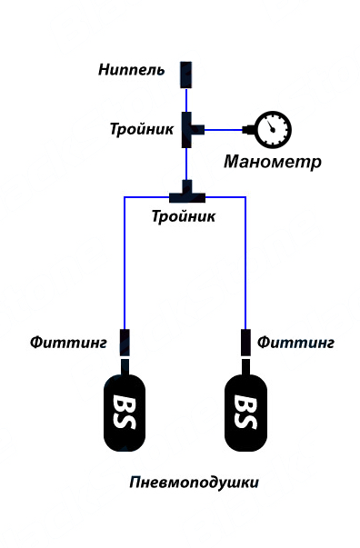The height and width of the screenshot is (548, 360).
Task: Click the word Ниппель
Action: click(132, 70)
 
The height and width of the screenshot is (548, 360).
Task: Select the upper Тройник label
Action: click(141, 128)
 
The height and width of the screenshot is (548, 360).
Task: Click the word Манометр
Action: click(273, 162)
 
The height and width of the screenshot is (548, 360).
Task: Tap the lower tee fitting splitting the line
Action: click(186, 193)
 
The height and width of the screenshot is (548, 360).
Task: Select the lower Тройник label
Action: click(184, 217)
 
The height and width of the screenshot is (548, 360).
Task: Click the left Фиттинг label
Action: click(69, 343)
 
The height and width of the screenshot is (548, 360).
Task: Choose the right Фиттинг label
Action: click(295, 343)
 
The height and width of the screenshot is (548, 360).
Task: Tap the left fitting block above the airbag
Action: click(125, 343)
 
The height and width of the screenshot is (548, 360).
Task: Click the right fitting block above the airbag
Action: click(245, 343)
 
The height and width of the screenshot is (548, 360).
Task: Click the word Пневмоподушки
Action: click(195, 483)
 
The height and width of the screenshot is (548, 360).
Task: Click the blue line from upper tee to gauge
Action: click(227, 129)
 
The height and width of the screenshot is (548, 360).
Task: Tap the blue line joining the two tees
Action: click(186, 164)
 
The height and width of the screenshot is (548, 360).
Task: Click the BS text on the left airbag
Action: click(125, 412)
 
